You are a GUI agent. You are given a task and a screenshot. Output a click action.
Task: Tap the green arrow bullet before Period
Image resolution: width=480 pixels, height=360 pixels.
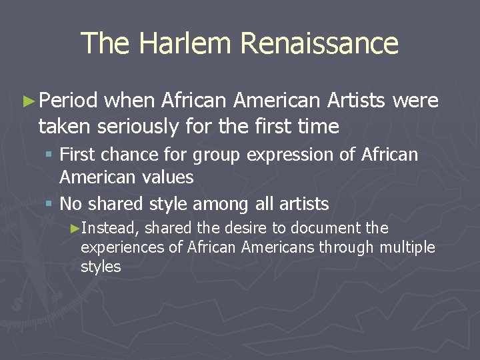coord(27,101)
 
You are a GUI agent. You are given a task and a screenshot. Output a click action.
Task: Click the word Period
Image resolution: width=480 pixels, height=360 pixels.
coord(69,101)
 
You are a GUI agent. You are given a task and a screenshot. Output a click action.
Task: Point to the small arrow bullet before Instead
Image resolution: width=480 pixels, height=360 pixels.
coord(75,229)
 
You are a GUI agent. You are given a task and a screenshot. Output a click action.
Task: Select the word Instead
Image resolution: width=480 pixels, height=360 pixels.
coord(110,229)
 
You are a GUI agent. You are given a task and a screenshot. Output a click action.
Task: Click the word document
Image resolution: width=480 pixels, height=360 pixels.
coord(323,228)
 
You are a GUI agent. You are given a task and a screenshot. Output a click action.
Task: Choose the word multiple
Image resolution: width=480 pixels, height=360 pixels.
coord(407,247)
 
